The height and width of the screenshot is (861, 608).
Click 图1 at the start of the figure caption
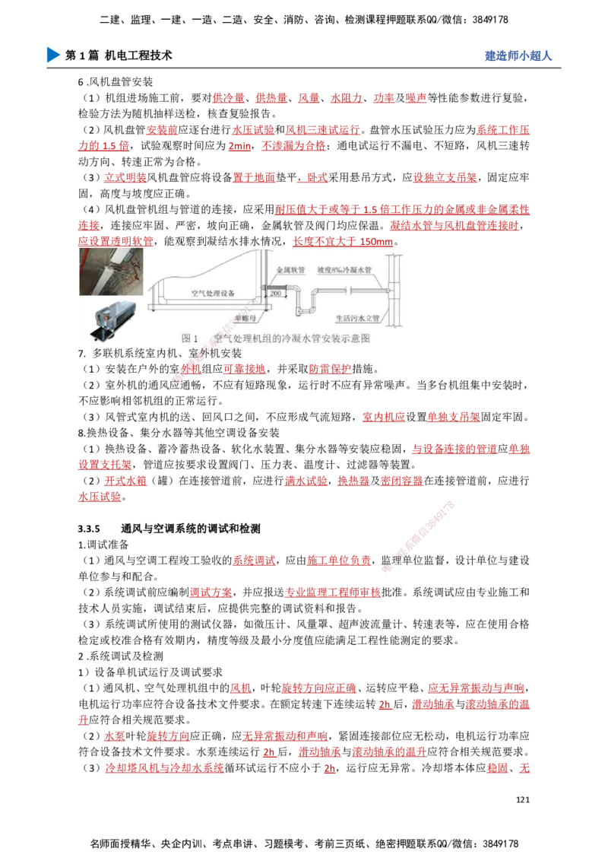pos(190,338)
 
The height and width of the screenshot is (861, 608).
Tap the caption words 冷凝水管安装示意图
pos(327,338)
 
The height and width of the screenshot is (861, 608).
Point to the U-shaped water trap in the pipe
pos(309,308)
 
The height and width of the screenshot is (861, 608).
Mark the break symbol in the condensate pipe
pos(347,288)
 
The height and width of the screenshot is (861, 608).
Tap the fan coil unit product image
pos(111,319)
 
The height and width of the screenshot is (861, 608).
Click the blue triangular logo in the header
pos(52,56)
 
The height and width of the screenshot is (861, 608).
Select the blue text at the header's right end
pos(518,56)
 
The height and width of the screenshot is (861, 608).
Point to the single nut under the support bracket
pos(263,307)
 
